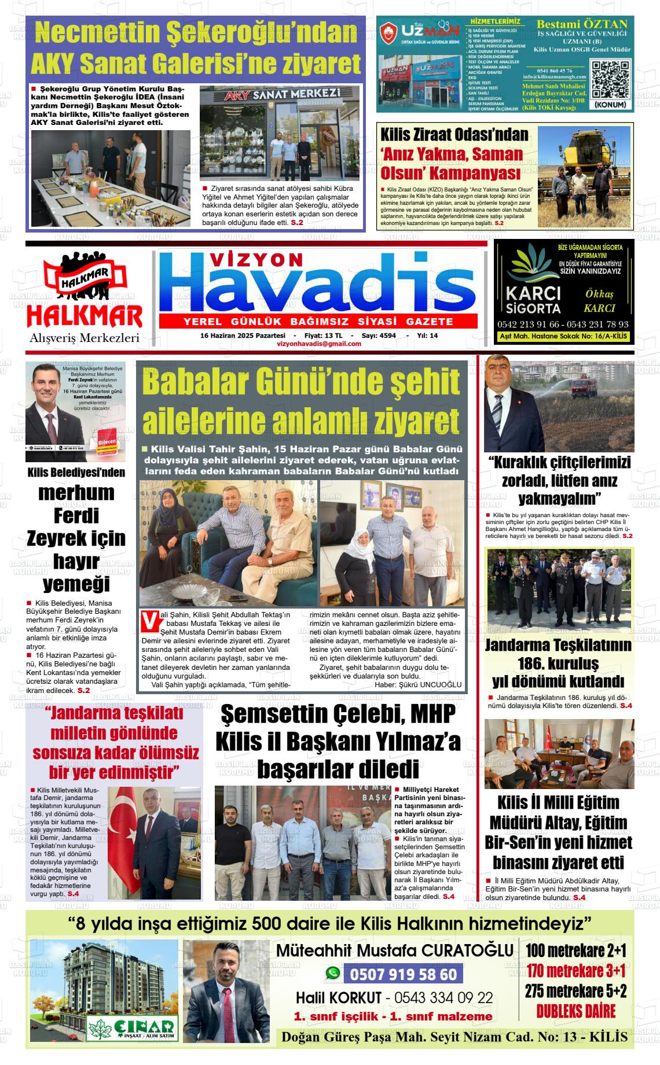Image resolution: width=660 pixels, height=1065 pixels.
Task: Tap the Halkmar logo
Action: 85,299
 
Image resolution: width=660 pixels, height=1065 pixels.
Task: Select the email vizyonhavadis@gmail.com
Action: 319,344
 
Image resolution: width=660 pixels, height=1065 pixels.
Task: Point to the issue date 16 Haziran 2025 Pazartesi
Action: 243,336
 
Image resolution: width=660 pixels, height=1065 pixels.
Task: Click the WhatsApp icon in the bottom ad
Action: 332,974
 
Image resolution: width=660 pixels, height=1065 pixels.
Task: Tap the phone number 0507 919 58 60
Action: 403,974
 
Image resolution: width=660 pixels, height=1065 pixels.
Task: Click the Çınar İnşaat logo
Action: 132,1027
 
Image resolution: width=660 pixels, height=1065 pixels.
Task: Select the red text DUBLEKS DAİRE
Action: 575,1011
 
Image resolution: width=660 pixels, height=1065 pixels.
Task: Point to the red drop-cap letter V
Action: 149,621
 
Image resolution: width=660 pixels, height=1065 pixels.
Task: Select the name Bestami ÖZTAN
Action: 582,24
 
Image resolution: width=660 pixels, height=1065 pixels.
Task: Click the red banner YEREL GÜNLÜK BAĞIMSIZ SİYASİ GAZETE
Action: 318,322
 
